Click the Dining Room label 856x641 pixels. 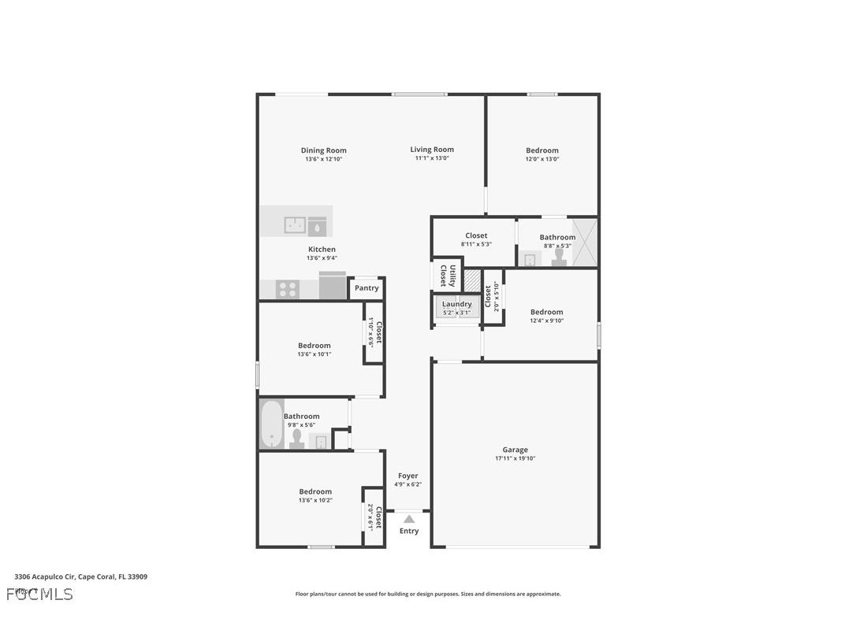tap(323, 150)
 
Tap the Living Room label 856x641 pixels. tap(432, 150)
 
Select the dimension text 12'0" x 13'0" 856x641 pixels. tap(542, 159)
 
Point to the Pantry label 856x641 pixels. tap(367, 288)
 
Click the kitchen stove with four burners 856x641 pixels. tap(288, 289)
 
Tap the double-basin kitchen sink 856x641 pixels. tap(296, 226)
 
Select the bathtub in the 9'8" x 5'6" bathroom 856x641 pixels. tap(271, 425)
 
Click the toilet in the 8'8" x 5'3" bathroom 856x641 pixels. tap(559, 258)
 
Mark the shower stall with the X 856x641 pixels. tap(585, 243)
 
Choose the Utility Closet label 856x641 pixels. tap(447, 276)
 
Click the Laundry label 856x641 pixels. tap(457, 304)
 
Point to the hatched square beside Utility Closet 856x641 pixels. tap(472, 281)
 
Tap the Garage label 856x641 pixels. tap(515, 450)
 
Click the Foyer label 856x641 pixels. tap(408, 476)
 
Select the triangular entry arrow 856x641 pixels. tap(408, 518)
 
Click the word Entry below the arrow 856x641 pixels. tap(409, 531)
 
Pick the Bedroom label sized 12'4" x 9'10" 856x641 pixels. tap(546, 312)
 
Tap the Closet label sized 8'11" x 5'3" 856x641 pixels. tap(476, 235)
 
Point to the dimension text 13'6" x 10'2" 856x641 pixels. tap(315, 500)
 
